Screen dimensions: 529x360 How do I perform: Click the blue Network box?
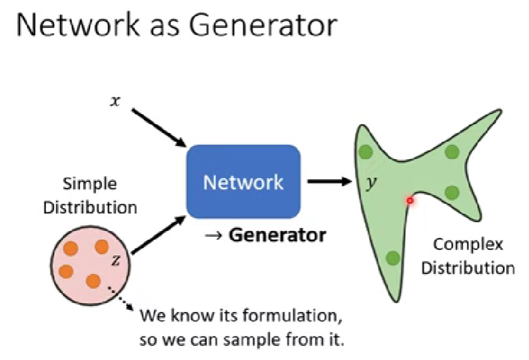(x=243, y=182)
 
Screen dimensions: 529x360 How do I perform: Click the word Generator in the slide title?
(x=263, y=25)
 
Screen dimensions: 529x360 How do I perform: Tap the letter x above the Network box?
(x=115, y=101)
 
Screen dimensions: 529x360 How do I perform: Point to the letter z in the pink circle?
(x=115, y=260)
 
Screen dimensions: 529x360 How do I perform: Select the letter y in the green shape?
(x=372, y=183)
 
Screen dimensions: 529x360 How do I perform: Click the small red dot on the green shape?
(x=410, y=201)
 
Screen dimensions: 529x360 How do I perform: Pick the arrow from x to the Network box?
(x=159, y=128)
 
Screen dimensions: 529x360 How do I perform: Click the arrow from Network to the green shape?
(x=330, y=181)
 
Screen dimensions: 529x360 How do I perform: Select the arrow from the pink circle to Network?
(x=158, y=235)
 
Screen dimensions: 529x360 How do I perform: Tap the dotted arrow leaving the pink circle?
(x=121, y=299)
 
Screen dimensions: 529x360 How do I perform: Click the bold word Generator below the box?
(x=278, y=235)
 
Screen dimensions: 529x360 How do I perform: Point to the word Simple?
(x=90, y=185)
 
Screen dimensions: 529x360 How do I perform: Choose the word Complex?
(x=468, y=245)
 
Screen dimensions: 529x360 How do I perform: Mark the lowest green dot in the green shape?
(x=393, y=258)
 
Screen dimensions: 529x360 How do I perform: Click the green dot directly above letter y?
(x=366, y=152)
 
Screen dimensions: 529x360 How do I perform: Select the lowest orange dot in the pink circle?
(x=93, y=281)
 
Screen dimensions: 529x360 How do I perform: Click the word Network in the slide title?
(x=78, y=25)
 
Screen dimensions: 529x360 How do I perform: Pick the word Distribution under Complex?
(x=468, y=268)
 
